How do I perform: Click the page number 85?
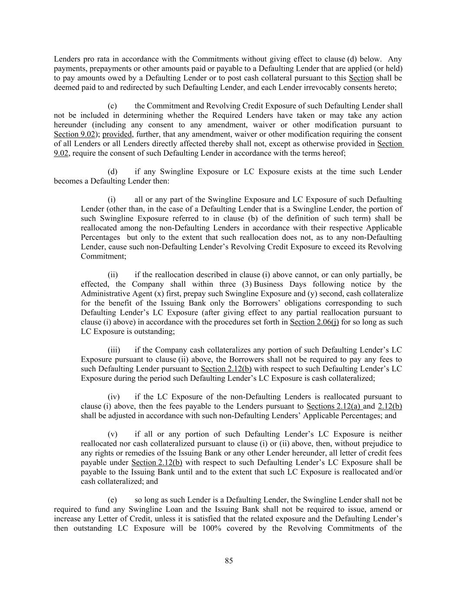[x=229, y=561]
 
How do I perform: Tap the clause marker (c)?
[x=112, y=106]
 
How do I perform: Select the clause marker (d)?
[x=112, y=171]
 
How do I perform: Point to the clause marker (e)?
[x=112, y=500]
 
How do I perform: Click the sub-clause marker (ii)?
[x=113, y=275]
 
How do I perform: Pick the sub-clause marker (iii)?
[x=114, y=350]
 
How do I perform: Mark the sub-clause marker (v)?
[x=112, y=434]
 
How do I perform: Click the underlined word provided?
[x=117, y=134]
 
